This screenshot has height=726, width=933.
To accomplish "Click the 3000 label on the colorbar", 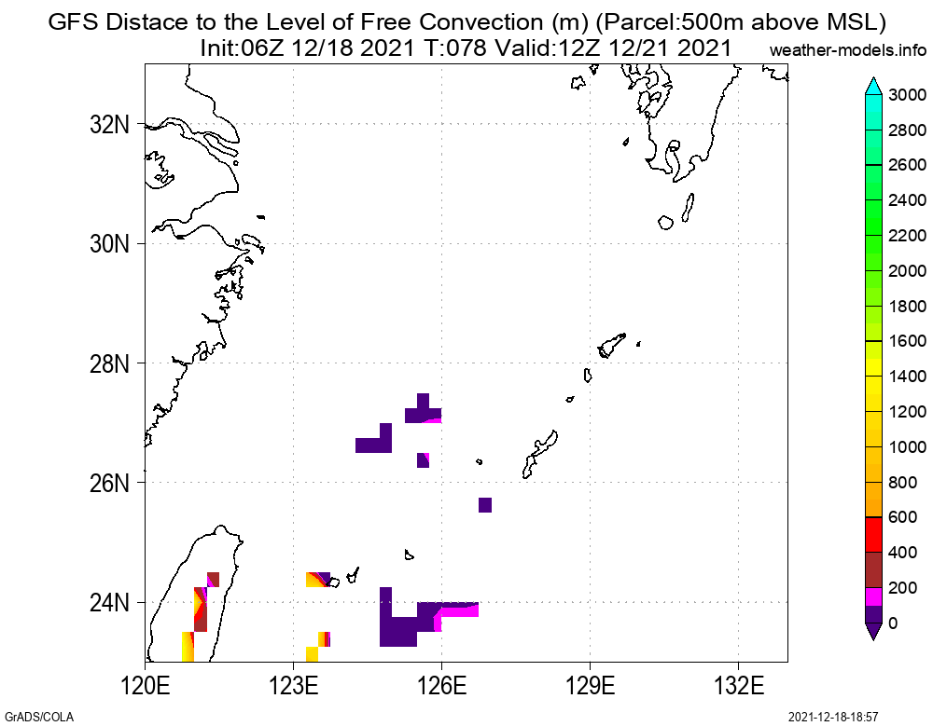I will [x=907, y=95].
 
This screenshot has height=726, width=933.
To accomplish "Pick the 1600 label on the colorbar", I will [x=907, y=341].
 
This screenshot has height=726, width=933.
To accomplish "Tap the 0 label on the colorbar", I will [x=893, y=623].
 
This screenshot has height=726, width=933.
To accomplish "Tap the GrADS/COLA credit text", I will [x=37, y=717].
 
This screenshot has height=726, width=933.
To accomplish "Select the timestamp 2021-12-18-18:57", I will [x=833, y=717].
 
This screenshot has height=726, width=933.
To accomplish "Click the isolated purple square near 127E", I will [x=485, y=505].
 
